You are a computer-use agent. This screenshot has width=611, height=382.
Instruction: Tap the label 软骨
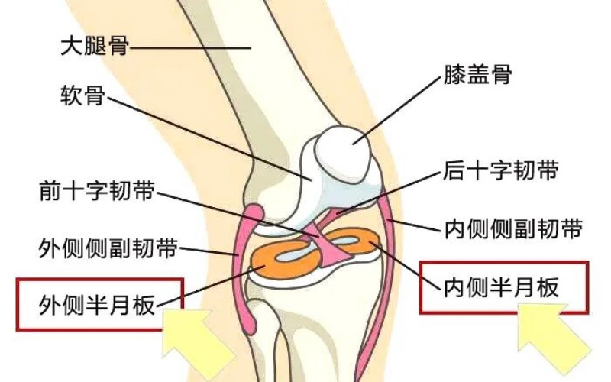click(82, 99)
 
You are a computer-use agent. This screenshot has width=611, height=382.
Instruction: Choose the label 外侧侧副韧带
click(108, 248)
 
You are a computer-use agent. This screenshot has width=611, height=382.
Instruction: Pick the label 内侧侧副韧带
click(513, 228)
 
